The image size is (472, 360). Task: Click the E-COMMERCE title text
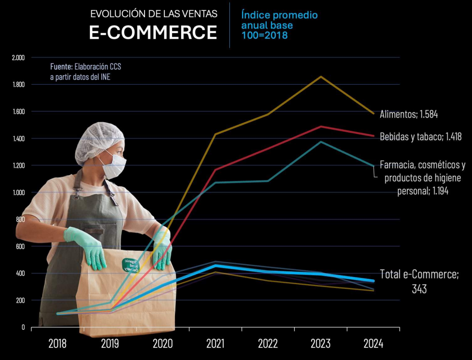tap(153, 32)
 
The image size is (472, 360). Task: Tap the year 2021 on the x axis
tap(215, 343)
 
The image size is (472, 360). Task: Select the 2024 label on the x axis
tap(373, 343)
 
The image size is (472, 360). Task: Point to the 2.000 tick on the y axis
tap(18, 58)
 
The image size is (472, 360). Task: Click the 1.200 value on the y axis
tap(18, 166)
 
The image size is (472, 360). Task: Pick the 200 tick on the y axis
tap(20, 300)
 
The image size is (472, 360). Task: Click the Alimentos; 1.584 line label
tap(412, 114)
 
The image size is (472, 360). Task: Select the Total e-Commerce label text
tap(419, 274)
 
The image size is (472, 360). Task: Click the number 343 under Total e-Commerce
tap(419, 288)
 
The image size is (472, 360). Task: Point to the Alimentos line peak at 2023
tap(321, 76)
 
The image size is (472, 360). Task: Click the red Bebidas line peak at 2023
tap(321, 126)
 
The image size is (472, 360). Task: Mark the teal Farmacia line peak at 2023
tap(321, 142)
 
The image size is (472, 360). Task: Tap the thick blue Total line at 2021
tap(216, 265)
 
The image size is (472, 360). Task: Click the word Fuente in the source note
tap(61, 67)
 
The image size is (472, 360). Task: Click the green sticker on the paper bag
tap(129, 265)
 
